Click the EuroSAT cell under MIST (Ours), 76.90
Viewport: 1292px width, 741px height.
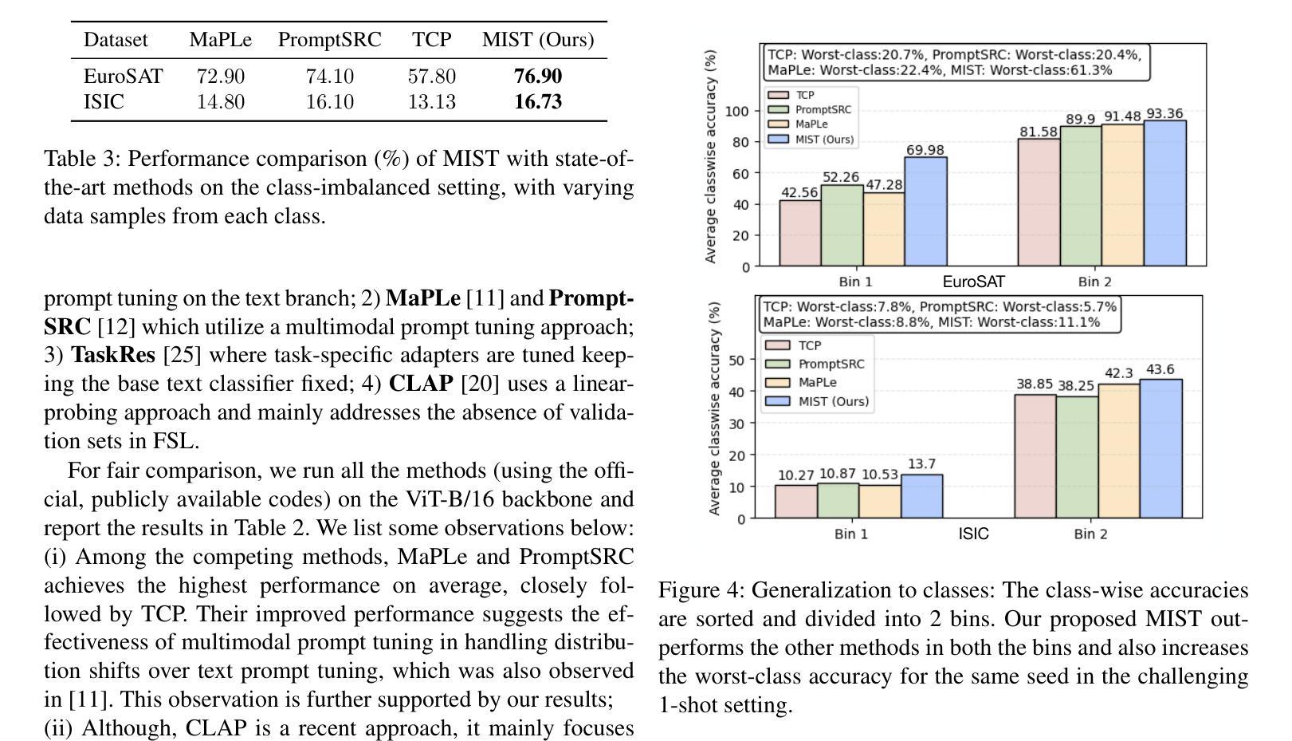[x=537, y=77]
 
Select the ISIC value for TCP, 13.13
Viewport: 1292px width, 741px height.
[x=431, y=102]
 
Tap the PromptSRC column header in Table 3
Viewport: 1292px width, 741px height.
[x=329, y=40]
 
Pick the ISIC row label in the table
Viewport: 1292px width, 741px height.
[x=104, y=102]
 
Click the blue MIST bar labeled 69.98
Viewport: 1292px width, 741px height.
[x=925, y=211]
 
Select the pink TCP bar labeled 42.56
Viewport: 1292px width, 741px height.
[x=800, y=233]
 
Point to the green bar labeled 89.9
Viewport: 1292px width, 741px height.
[x=1081, y=196]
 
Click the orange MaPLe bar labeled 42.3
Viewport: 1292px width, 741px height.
[x=1119, y=451]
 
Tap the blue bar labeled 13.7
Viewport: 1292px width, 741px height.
[x=921, y=496]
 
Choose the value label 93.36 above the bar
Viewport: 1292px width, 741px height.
[x=1164, y=114]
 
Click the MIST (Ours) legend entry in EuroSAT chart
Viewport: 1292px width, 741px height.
[x=811, y=139]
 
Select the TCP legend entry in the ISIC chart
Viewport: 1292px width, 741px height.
[x=794, y=345]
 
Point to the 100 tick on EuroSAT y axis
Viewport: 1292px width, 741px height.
[x=736, y=112]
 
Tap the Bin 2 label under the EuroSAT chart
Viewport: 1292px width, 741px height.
[x=1095, y=282]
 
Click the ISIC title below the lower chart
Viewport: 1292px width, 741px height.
[x=974, y=534]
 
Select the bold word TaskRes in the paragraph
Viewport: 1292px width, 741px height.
[x=113, y=355]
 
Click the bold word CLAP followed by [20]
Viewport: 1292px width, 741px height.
[x=421, y=384]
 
